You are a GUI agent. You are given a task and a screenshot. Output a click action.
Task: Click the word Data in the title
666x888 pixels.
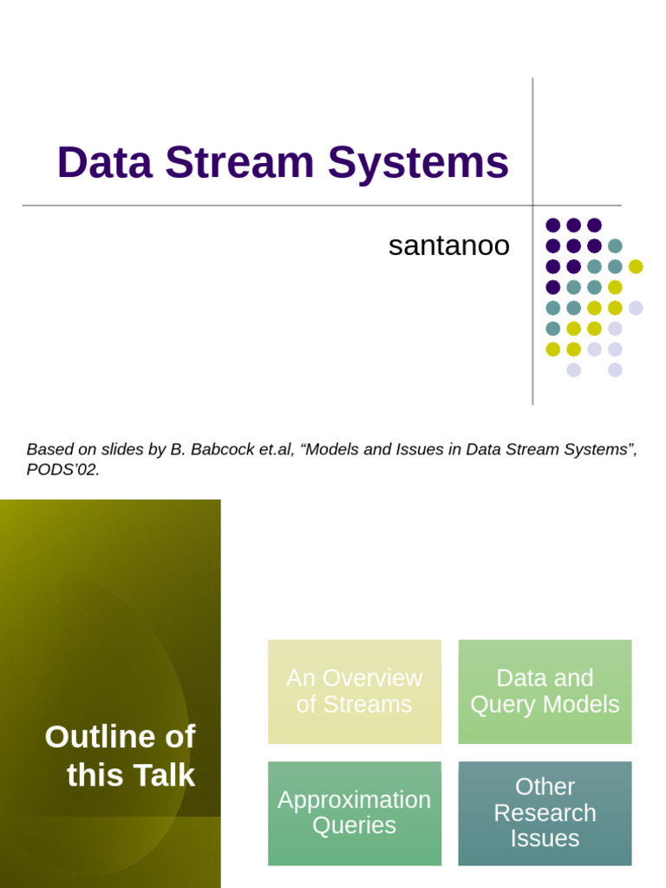(104, 163)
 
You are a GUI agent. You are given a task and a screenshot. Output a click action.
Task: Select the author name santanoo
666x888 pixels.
(448, 246)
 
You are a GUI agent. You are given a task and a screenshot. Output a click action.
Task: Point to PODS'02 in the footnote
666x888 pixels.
(62, 470)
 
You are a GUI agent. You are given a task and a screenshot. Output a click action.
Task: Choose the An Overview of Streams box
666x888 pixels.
(354, 691)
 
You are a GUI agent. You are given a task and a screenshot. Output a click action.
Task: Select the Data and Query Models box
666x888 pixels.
(545, 691)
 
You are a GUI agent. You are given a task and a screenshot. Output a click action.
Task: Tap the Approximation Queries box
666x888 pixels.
(354, 813)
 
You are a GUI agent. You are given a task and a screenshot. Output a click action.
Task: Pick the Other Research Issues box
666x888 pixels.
(545, 813)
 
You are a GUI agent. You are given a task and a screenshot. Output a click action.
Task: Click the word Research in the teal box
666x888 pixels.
(545, 813)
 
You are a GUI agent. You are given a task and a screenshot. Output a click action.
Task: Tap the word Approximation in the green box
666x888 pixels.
(354, 800)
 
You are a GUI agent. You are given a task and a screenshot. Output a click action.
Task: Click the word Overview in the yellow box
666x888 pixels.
(379, 678)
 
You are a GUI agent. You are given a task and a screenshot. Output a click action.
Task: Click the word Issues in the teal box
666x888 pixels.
(545, 839)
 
